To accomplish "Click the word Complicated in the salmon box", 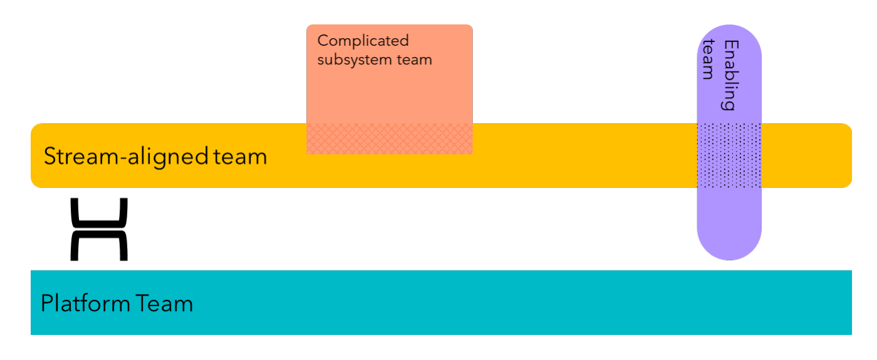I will (363, 41).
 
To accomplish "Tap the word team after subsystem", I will (417, 60).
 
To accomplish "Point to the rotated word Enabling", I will (729, 75).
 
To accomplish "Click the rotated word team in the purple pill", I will (708, 59).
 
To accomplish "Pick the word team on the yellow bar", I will (241, 156).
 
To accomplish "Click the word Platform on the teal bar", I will (85, 304).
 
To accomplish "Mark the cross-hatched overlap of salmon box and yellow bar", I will (389, 138).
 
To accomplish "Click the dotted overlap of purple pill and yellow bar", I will (729, 155).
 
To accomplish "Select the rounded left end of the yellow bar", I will (36, 155).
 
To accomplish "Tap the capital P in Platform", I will (46, 304).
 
